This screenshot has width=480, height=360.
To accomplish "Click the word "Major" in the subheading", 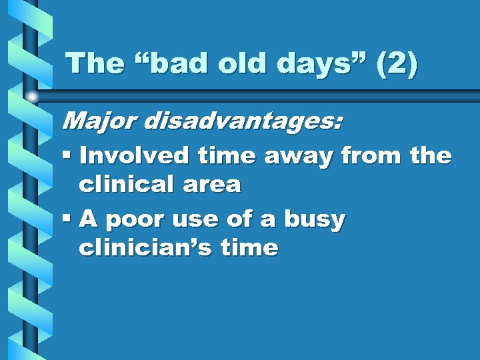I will tap(98, 121).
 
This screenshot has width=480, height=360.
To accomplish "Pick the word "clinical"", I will tap(127, 184).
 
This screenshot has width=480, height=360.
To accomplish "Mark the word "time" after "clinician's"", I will tap(249, 248).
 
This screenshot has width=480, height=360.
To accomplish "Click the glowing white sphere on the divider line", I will tap(32, 97).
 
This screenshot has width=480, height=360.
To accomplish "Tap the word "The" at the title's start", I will tap(91, 63).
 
